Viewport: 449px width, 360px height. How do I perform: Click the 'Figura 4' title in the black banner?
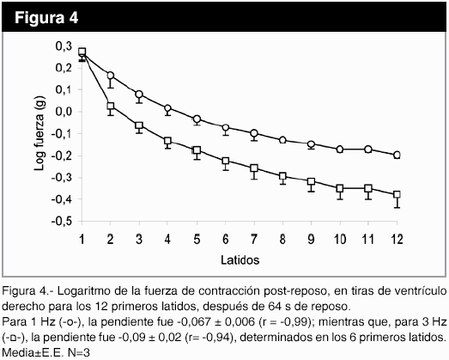[x=46, y=18]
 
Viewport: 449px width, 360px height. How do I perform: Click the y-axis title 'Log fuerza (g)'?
[x=39, y=133]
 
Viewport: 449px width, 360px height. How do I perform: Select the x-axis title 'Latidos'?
[x=240, y=260]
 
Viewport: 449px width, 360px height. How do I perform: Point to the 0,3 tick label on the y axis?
[x=64, y=46]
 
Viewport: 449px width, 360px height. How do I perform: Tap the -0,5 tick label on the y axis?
[x=61, y=222]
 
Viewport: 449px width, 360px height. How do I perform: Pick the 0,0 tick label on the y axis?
[x=64, y=112]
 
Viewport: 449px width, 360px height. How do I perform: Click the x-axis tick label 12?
[x=397, y=239]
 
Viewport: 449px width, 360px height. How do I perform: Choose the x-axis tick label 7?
[x=254, y=239]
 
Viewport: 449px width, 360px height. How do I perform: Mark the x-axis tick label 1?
[x=82, y=239]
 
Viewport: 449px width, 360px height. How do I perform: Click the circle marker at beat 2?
[x=111, y=76]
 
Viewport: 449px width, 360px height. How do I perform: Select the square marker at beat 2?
[x=111, y=106]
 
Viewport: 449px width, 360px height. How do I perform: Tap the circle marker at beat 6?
[x=226, y=127]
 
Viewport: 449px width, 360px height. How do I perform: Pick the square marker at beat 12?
[x=397, y=195]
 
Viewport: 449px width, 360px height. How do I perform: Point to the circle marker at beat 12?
[x=397, y=155]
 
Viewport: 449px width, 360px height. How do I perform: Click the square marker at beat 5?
[x=197, y=150]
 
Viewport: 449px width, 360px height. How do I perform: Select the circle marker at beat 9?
[x=311, y=144]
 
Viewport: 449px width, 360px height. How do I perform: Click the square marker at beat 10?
[x=340, y=188]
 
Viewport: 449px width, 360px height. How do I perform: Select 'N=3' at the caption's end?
[x=78, y=353]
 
